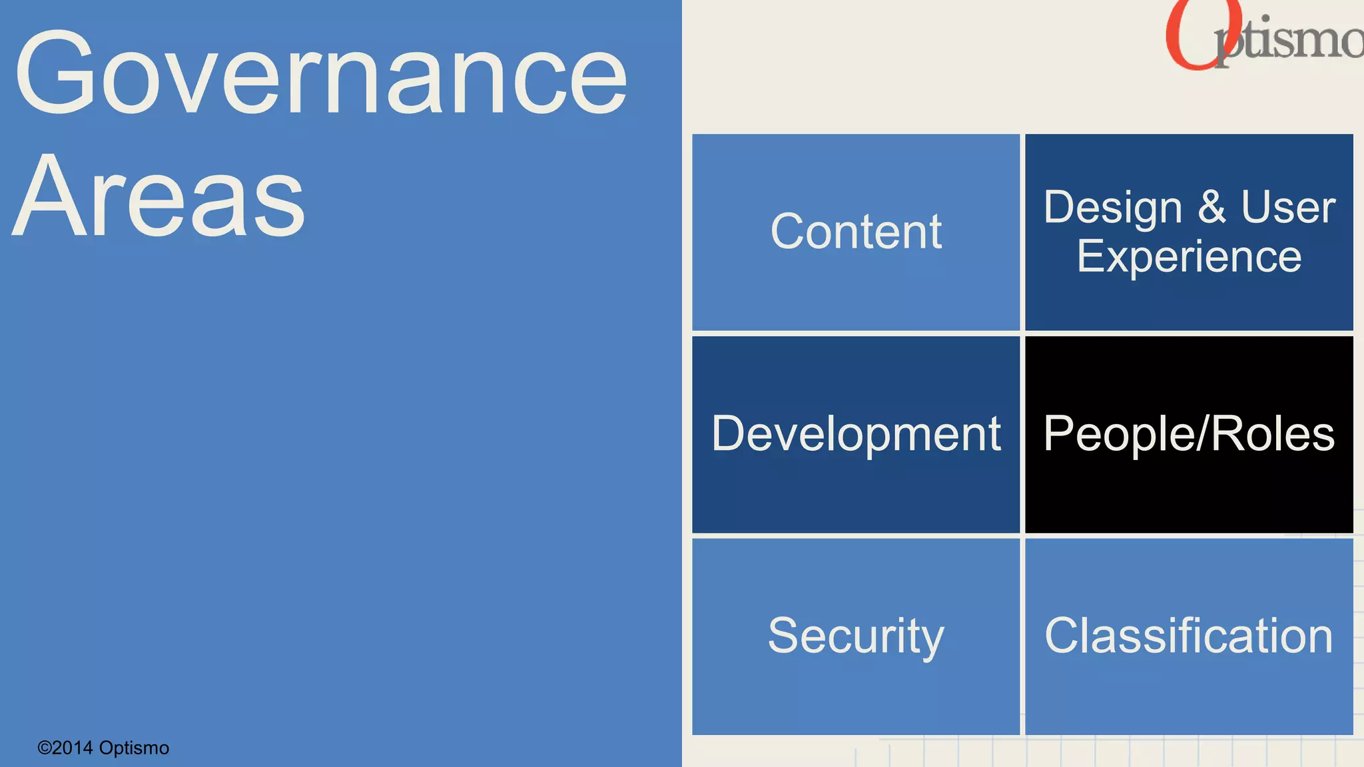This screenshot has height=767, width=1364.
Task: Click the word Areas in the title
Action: (x=160, y=196)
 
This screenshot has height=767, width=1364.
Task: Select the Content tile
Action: (x=856, y=232)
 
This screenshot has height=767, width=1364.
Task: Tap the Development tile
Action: (x=856, y=434)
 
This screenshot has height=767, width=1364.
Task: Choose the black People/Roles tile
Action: (x=1189, y=434)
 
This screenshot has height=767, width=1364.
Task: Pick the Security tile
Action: (x=856, y=637)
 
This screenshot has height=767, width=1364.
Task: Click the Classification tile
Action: (x=1189, y=637)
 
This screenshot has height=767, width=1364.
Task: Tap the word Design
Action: (x=1113, y=208)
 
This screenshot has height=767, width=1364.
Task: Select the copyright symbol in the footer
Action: (x=44, y=748)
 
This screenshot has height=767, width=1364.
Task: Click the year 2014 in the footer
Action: (x=73, y=748)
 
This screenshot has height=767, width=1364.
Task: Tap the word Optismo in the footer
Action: (x=134, y=748)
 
